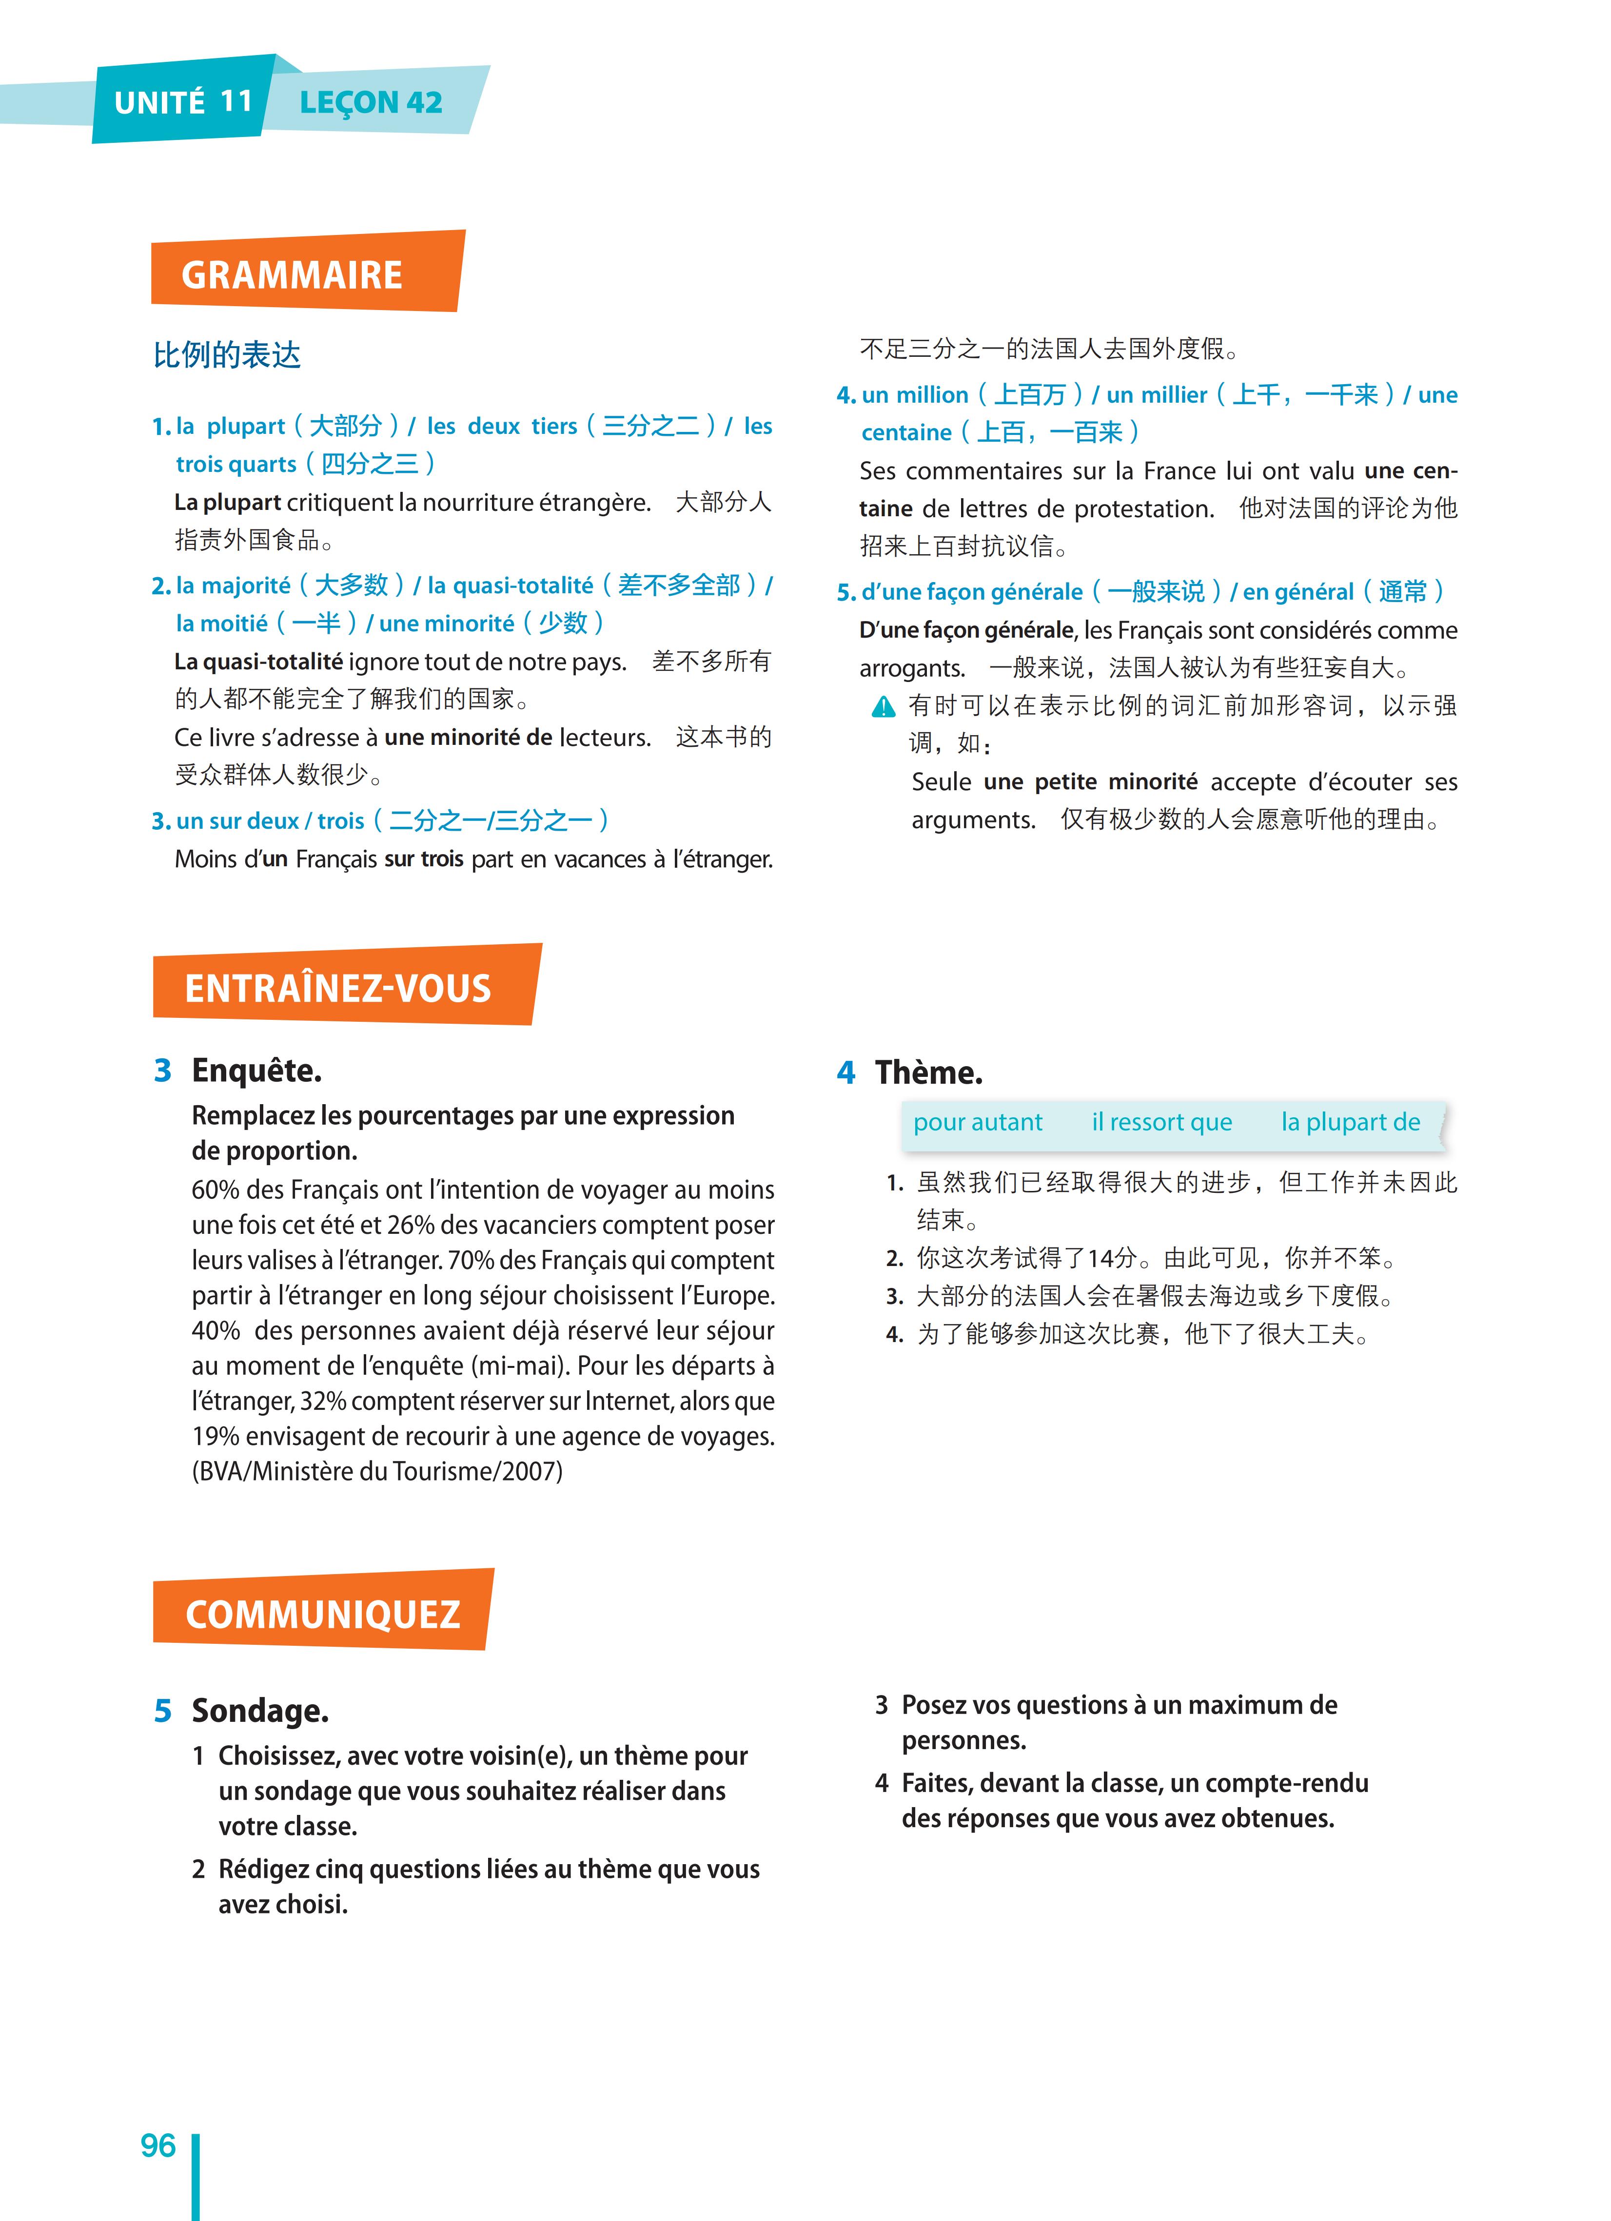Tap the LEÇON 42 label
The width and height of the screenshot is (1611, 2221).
pos(370,102)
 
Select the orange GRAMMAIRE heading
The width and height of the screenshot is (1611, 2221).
pos(292,275)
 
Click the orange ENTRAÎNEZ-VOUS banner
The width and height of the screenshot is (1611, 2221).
pos(338,988)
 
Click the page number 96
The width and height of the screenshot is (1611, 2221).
pos(157,2145)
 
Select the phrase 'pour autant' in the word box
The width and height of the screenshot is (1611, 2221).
pos(977,1122)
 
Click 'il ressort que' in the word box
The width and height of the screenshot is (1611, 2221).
pos(1161,1122)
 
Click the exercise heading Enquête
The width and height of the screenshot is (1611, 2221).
pos(256,1071)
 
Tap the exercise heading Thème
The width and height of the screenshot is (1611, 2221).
pos(928,1072)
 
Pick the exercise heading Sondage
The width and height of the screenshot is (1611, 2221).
pos(259,1711)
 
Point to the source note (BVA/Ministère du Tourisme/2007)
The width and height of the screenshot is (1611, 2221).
pos(377,1471)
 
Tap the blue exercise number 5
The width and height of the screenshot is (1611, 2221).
pos(162,1711)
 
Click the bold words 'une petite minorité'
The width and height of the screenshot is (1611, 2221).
pos(1090,781)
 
